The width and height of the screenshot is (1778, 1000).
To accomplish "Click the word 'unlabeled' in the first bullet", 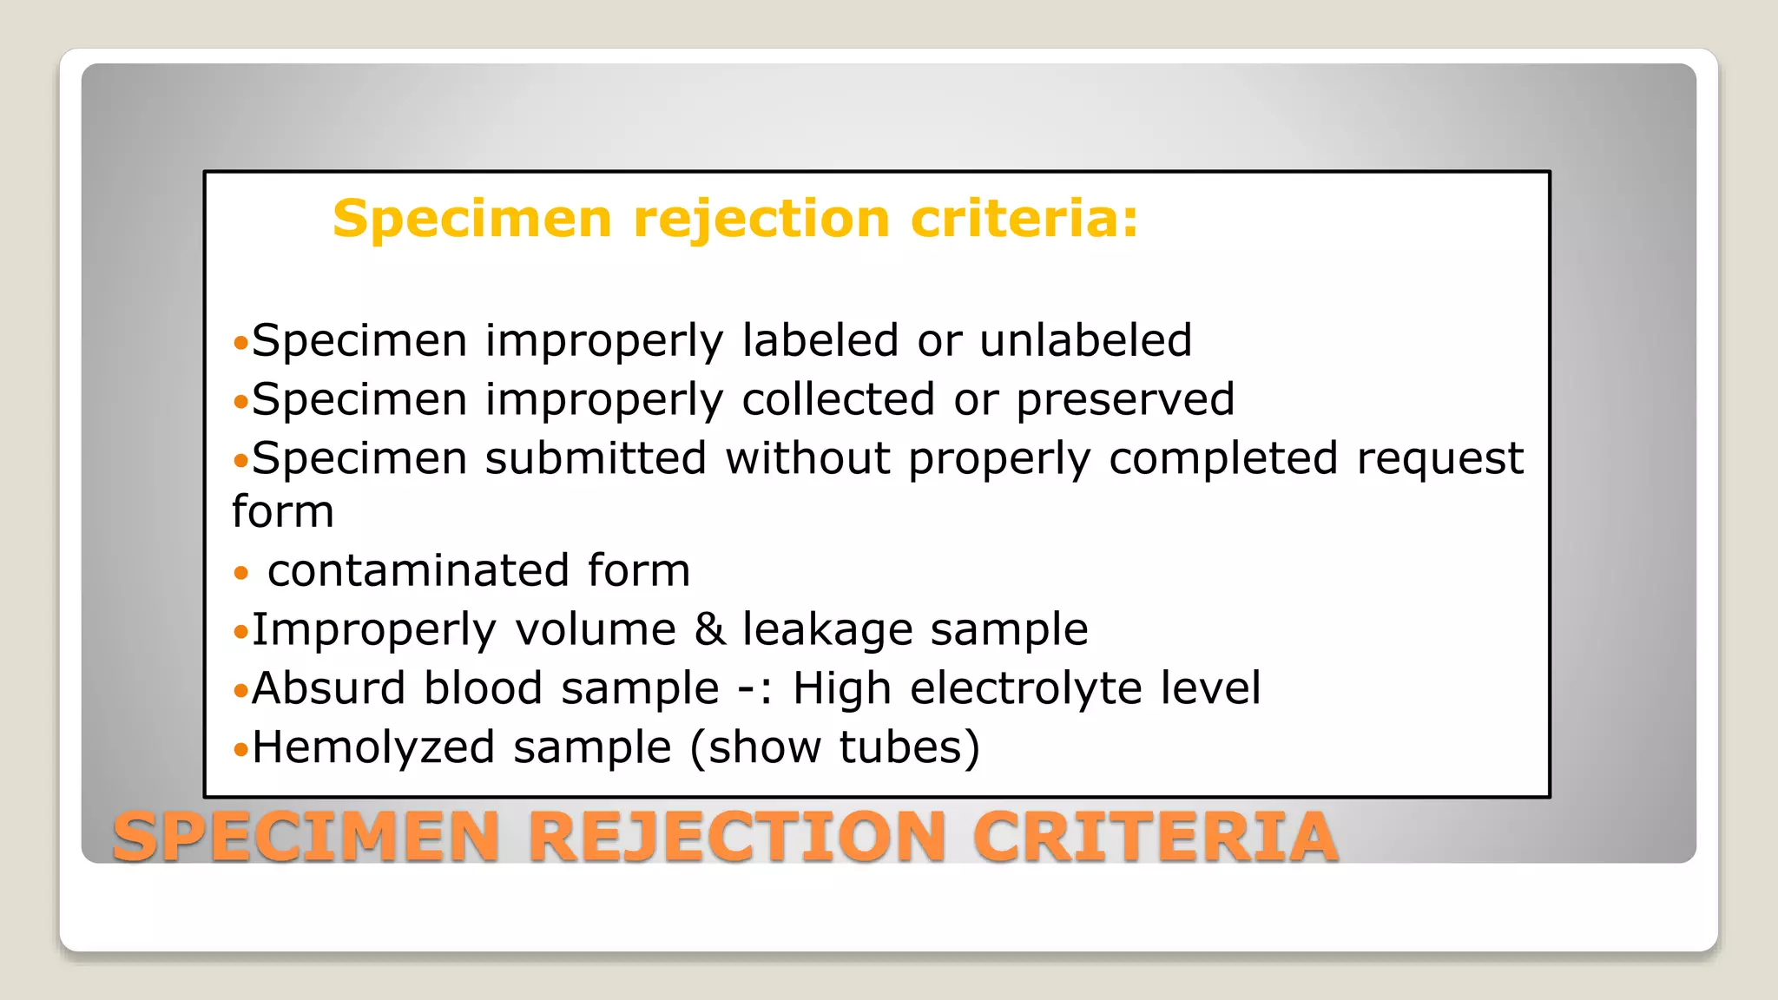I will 1085,340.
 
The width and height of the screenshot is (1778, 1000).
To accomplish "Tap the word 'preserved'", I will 1125,400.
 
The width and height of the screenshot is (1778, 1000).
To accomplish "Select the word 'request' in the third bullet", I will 1439,459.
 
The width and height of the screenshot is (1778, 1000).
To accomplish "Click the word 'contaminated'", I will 418,571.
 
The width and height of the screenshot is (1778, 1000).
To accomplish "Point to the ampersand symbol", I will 709,629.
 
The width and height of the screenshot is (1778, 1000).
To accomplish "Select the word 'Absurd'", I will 328,688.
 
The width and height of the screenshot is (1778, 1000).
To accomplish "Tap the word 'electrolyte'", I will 1025,688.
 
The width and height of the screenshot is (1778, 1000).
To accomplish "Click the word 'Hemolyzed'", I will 374,747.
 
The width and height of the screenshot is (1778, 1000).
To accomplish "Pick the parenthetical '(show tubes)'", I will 834,747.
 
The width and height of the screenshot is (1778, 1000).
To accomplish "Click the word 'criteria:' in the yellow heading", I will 1024,218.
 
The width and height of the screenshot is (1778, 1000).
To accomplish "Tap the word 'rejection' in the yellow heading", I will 761,218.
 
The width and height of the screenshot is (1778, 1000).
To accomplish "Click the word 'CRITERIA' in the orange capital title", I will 1155,836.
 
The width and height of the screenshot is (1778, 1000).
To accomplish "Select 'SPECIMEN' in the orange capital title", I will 306,836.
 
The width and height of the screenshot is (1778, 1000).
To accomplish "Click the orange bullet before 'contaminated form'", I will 241,573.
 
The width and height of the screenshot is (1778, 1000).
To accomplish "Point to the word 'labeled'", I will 820,340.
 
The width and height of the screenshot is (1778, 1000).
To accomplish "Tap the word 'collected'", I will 838,400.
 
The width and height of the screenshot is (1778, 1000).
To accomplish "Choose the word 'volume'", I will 596,629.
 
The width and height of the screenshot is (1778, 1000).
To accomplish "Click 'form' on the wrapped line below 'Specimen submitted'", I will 283,511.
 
